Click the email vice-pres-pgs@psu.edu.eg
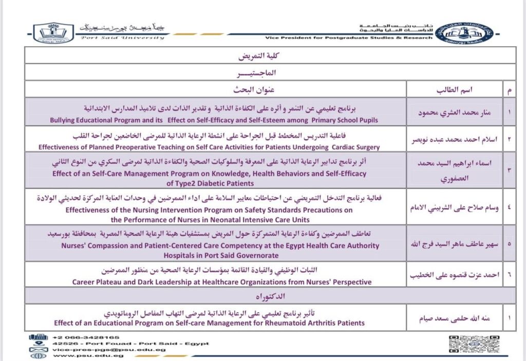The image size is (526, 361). [x=108, y=349]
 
